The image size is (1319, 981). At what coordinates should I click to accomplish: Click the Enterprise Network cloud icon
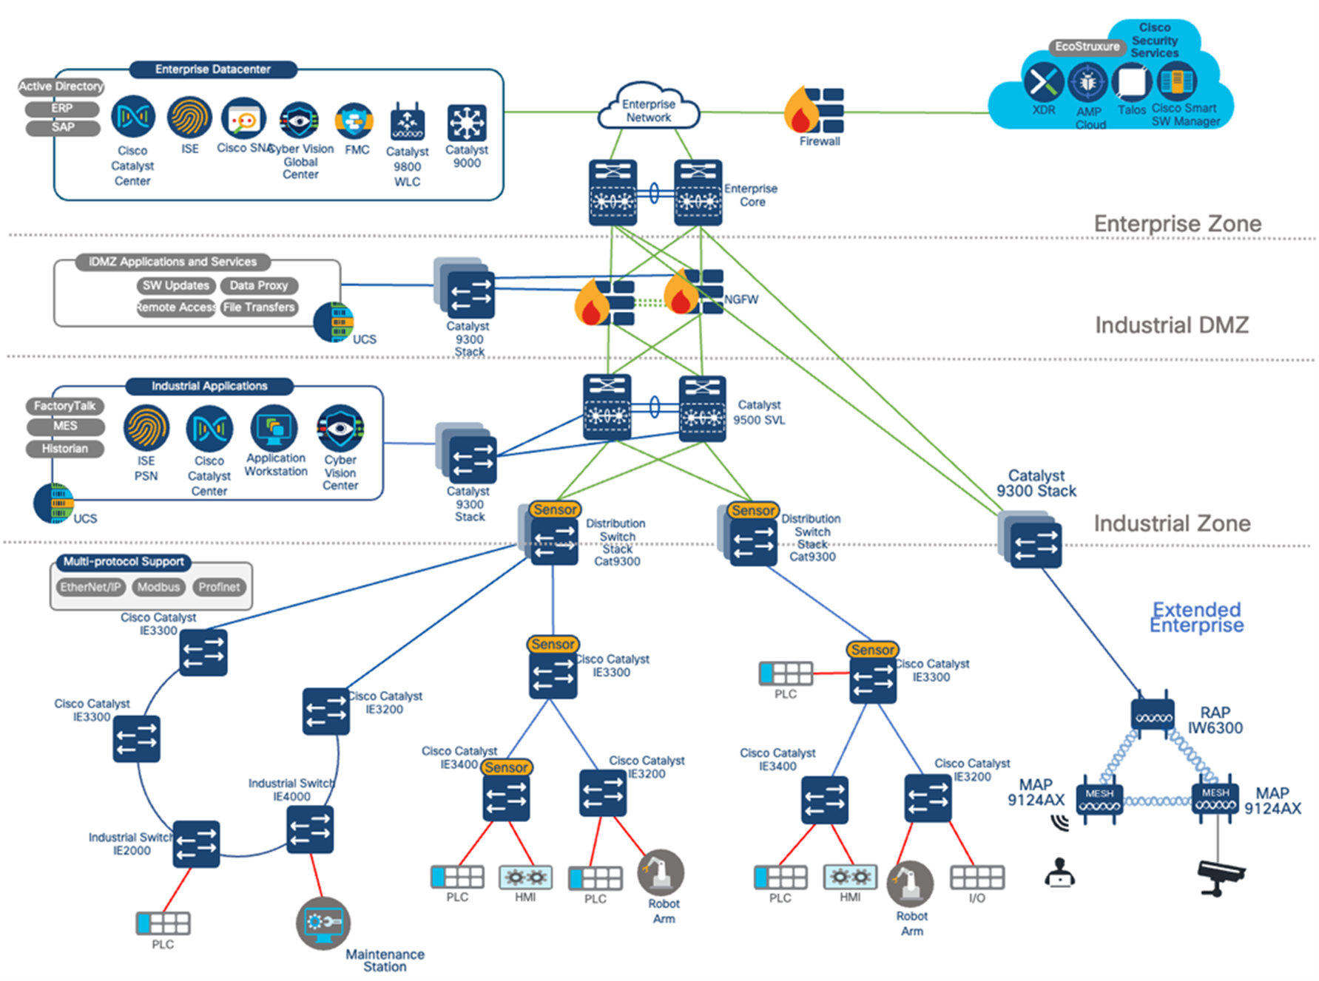click(648, 109)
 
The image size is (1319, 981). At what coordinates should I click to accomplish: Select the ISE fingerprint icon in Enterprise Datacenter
click(189, 118)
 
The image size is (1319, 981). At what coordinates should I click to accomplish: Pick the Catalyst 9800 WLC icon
click(407, 123)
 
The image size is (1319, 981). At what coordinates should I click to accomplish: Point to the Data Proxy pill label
click(258, 285)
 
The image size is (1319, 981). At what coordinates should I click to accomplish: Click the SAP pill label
click(63, 127)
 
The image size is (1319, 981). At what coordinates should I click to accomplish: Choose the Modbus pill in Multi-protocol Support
click(158, 587)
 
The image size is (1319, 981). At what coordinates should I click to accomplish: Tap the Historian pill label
click(64, 449)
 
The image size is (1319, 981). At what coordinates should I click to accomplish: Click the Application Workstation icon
click(274, 428)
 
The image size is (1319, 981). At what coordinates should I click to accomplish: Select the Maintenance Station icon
click(323, 923)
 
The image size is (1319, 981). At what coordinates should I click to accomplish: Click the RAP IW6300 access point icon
click(1152, 714)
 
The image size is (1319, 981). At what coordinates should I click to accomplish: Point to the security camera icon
click(1220, 877)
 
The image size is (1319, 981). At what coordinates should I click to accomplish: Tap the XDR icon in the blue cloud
click(1043, 81)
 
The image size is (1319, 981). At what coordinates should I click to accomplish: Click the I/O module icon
click(976, 878)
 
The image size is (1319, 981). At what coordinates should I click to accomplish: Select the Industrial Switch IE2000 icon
click(197, 843)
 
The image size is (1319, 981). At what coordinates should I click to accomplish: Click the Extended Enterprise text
click(1196, 617)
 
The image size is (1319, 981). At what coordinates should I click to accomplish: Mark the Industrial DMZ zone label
click(1171, 325)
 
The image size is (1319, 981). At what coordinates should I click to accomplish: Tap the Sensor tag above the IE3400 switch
click(506, 767)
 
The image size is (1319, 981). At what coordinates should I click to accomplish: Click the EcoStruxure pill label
click(1087, 47)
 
